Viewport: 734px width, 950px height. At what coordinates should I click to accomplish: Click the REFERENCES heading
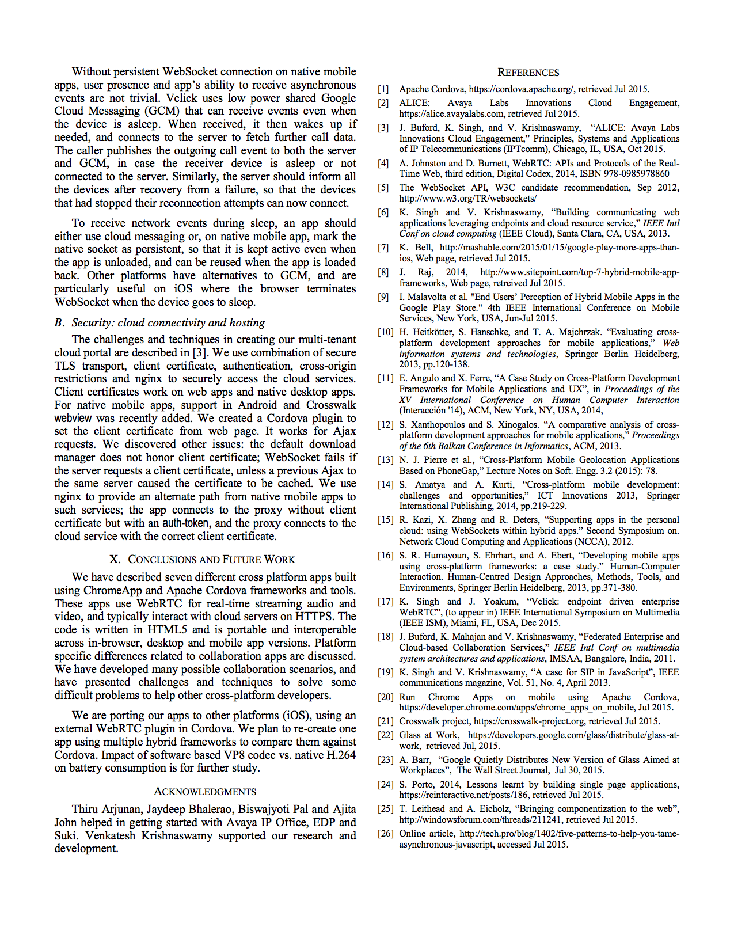click(x=528, y=73)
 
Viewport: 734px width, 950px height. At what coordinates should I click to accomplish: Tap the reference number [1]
click(x=383, y=89)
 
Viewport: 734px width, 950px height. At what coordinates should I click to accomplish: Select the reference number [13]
click(x=385, y=460)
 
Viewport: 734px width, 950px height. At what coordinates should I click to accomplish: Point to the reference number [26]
click(x=385, y=834)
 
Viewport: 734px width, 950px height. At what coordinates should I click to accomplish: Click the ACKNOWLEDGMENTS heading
click(x=205, y=792)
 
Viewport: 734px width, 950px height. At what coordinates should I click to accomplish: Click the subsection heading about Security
click(x=159, y=323)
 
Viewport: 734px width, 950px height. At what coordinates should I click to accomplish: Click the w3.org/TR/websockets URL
click(x=468, y=199)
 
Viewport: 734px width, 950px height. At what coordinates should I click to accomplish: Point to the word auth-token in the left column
click(x=186, y=523)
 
